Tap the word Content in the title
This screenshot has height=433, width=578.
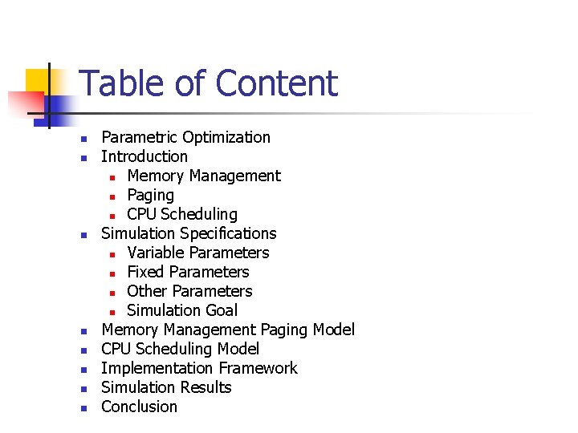click(276, 83)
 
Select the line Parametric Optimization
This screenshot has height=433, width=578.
click(185, 137)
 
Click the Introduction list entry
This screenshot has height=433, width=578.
click(144, 156)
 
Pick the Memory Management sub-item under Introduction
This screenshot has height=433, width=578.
click(204, 176)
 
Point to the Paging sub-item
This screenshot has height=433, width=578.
click(150, 195)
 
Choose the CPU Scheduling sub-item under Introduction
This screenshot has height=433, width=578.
click(182, 214)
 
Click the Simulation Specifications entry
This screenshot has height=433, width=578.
click(189, 233)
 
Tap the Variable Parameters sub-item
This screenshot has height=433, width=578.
click(198, 253)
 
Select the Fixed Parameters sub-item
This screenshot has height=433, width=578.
click(188, 272)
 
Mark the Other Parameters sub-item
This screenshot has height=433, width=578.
click(189, 291)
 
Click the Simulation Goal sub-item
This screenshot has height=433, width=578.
click(182, 310)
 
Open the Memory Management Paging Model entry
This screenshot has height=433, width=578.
click(228, 330)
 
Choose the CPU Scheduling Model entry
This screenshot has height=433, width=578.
click(180, 349)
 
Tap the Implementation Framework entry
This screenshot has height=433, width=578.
click(199, 368)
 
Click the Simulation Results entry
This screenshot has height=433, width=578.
click(166, 387)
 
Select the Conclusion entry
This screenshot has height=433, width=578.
click(139, 407)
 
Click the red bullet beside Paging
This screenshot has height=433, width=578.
click(113, 196)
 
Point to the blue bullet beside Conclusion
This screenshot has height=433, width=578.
click(83, 407)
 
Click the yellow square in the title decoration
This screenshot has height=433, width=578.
click(37, 80)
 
